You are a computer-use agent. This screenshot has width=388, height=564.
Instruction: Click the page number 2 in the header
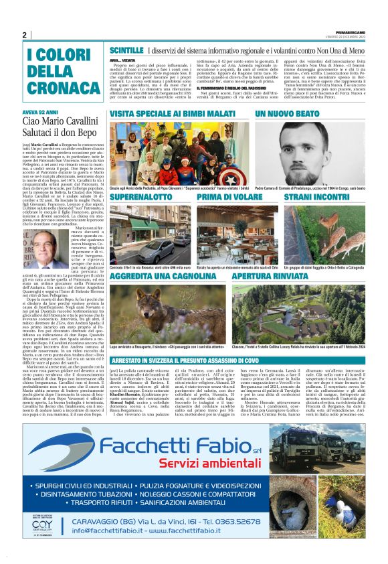(24, 35)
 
